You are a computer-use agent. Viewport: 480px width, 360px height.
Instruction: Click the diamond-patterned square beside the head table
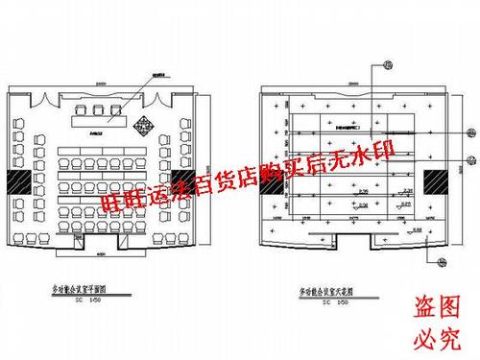point(143,123)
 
